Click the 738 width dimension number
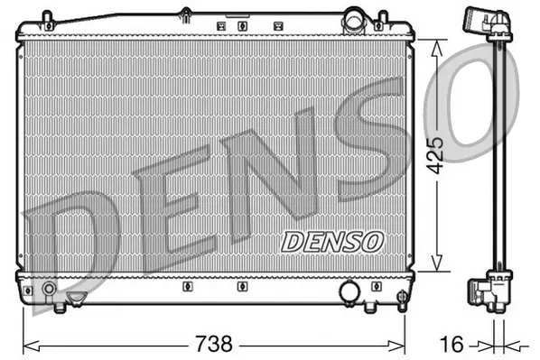(x=214, y=344)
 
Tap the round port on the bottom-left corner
(x=48, y=291)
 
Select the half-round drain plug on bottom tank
(x=78, y=295)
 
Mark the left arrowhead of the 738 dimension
(x=28, y=344)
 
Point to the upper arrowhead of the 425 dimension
(x=438, y=45)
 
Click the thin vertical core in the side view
(x=496, y=153)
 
